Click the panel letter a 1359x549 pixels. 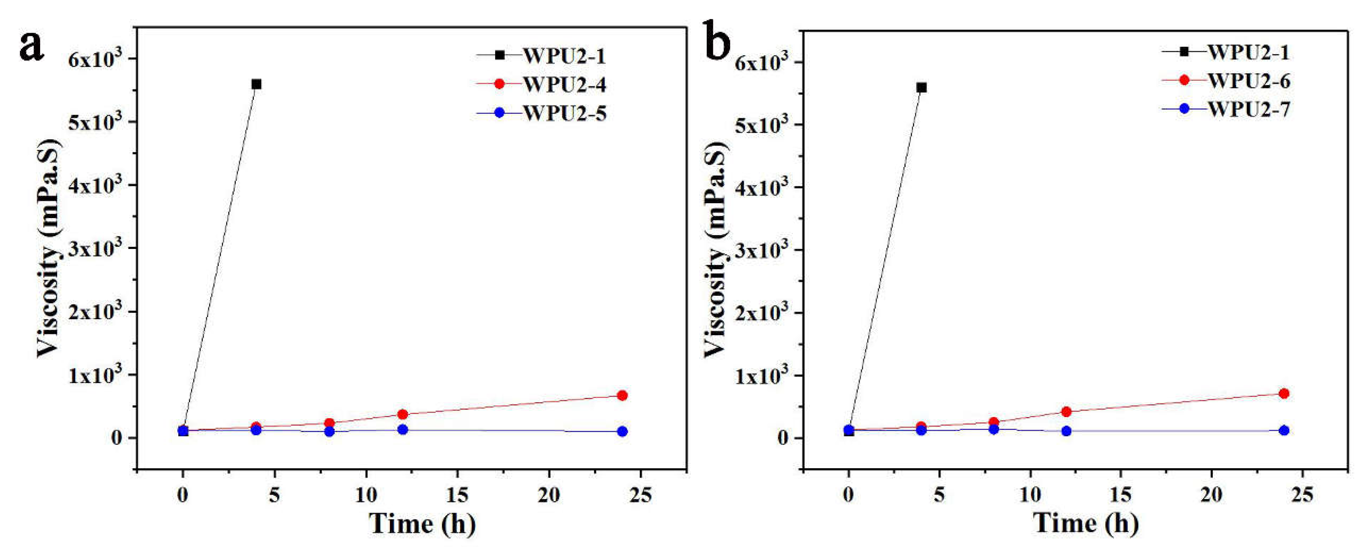click(x=31, y=46)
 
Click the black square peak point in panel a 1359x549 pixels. click(x=257, y=84)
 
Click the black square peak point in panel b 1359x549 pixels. click(x=922, y=88)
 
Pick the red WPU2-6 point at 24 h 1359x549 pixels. click(x=1284, y=393)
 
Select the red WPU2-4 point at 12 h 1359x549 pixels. click(x=403, y=414)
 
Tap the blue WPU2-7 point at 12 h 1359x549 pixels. click(x=1066, y=431)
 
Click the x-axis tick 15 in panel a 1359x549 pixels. click(x=457, y=495)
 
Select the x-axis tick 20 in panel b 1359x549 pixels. click(x=1211, y=495)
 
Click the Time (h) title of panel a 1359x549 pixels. click(x=422, y=524)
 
